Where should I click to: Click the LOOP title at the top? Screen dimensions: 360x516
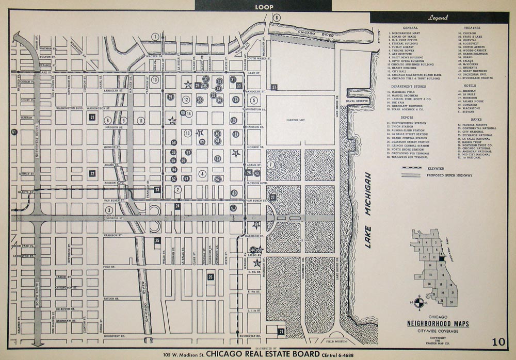coord(264,7)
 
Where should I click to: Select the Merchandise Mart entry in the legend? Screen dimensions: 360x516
coord(407,32)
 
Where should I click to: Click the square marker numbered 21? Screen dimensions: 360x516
coord(92,117)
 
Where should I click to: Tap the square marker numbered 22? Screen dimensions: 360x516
coord(92,173)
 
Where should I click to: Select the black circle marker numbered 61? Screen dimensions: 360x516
coord(13,132)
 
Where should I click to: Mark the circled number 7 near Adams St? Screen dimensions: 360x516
coord(270,165)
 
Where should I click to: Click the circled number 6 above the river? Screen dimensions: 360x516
coord(277,18)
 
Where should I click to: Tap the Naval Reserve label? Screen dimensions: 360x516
coord(357,101)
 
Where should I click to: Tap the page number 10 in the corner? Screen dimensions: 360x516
coord(498,341)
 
